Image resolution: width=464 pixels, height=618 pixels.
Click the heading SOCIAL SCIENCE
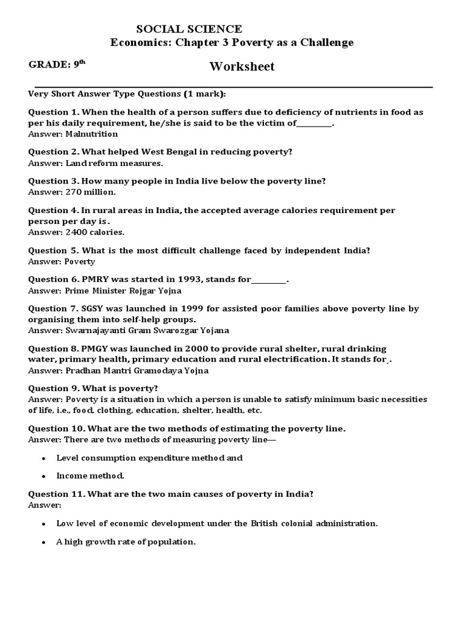click(x=189, y=29)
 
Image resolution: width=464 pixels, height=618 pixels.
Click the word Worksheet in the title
click(x=242, y=66)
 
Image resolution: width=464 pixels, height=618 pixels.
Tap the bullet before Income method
click(x=43, y=476)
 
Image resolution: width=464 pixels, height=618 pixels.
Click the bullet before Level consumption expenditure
click(x=43, y=458)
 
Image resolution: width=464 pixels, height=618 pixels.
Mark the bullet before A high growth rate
click(x=43, y=542)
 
